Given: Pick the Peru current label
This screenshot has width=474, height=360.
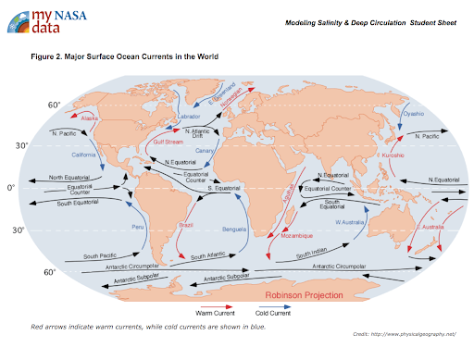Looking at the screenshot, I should [x=139, y=227].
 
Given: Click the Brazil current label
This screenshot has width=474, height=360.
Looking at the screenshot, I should [x=187, y=225].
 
